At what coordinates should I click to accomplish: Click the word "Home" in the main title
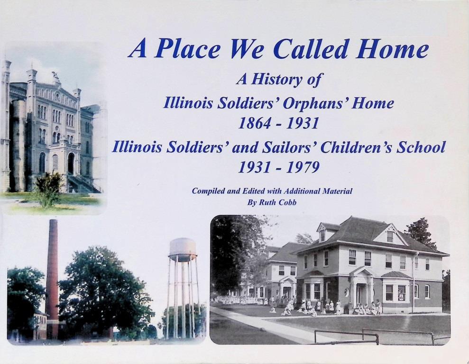[393, 49]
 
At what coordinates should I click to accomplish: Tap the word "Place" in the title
[187, 49]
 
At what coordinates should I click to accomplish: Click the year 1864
[254, 123]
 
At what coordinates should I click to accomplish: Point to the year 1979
[303, 167]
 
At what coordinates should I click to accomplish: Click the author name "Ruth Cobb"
[277, 203]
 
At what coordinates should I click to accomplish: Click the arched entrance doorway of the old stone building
[71, 163]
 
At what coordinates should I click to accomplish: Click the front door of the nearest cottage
[359, 292]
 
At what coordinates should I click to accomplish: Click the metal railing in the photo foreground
[379, 335]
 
